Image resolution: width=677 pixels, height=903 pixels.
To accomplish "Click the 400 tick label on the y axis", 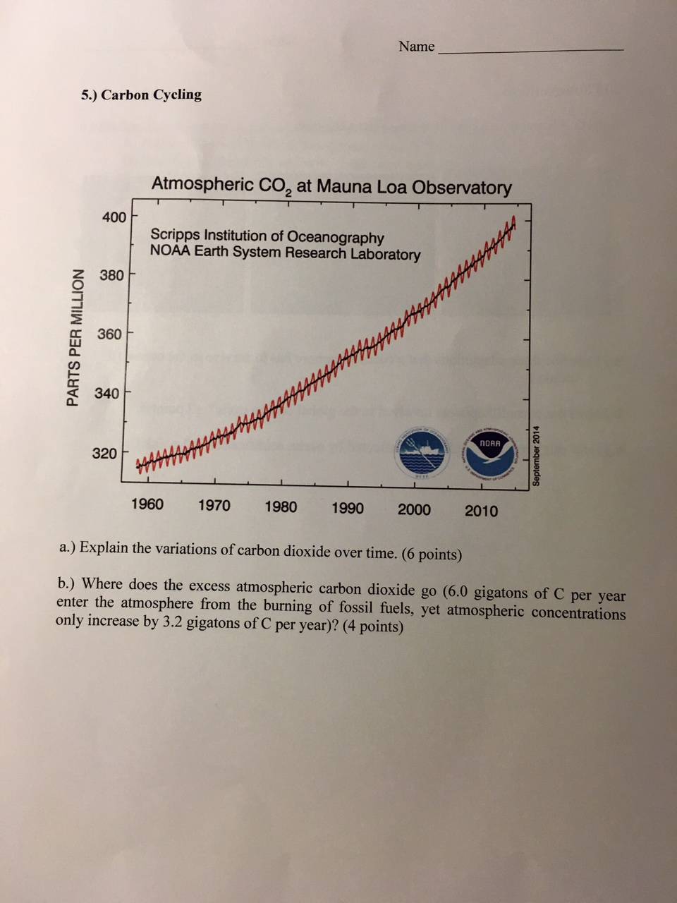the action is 114,217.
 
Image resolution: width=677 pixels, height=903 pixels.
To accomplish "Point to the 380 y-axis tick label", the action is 111,275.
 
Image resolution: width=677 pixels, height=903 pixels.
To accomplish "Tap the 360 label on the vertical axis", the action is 110,334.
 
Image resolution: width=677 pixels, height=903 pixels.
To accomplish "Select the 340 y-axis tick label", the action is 107,393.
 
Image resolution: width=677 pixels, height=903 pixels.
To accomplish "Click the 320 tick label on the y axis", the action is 105,454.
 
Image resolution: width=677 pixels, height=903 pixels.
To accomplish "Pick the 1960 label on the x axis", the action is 147,504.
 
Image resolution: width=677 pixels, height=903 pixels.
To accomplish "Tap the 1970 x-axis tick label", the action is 214,505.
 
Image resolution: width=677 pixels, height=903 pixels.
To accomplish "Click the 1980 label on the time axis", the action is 281,507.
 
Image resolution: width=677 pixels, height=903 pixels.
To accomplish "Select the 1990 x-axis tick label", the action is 348,509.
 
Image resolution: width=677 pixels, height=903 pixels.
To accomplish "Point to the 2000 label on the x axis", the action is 415,510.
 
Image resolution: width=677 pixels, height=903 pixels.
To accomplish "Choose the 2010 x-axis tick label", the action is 482,511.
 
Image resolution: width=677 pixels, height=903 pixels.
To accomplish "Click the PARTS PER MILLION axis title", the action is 73,337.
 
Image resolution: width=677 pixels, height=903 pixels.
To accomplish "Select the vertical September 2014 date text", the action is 537,455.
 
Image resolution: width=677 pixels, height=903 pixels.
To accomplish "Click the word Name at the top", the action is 416,47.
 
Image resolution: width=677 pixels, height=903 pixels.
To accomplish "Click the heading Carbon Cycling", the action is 151,95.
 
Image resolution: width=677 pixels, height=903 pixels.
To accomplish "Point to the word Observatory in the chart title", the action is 462,188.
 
